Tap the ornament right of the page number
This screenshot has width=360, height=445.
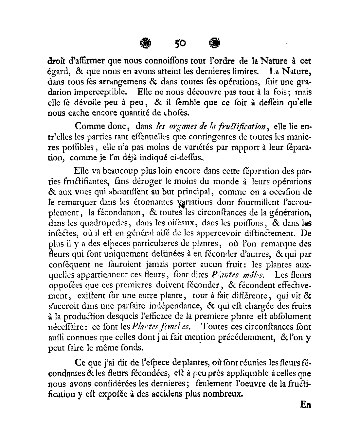[214, 43]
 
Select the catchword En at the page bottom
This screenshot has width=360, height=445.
[306, 404]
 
